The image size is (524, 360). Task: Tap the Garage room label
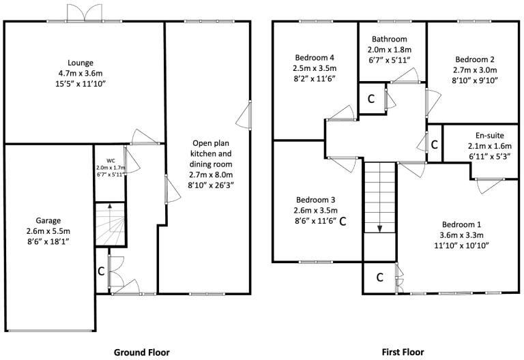[48, 220]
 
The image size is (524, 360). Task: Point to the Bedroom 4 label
[314, 57]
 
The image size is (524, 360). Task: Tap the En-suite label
[484, 135]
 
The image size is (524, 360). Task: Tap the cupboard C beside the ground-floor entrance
[100, 271]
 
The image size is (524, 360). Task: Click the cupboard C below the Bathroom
[371, 98]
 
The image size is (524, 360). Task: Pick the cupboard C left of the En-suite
[434, 143]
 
